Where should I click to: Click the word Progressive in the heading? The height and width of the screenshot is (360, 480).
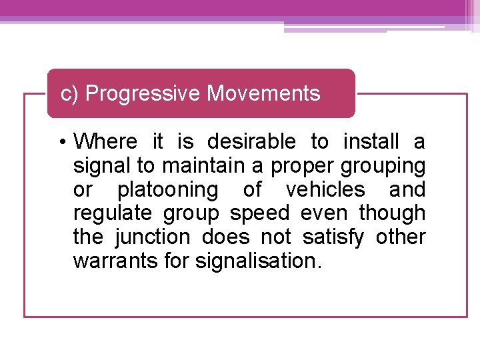pos(143,94)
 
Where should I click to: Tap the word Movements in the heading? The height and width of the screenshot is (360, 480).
pos(263,93)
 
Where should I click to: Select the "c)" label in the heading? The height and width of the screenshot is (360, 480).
pos(69,94)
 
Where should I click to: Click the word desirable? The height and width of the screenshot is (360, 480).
pos(251,142)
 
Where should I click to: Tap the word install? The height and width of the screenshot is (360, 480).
pos(370,142)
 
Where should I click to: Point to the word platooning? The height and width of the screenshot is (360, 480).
pos(167,190)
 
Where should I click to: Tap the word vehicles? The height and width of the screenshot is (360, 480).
pos(325,189)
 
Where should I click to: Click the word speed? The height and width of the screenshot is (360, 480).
pos(260,214)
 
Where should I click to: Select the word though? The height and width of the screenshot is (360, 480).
pos(392,213)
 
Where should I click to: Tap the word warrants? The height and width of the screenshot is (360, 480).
pos(115,261)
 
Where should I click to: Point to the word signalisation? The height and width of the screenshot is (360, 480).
pos(258,261)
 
